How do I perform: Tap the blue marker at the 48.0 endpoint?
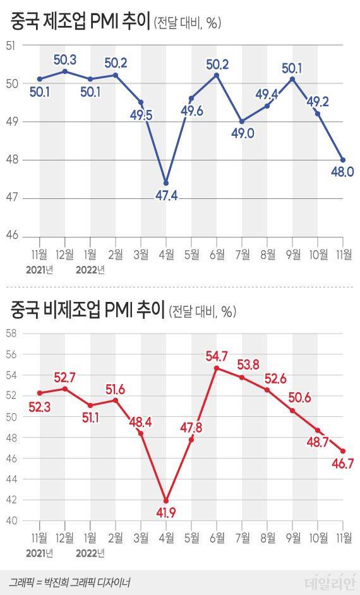(343, 160)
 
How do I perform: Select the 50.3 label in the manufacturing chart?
(65, 60)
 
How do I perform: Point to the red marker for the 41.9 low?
(166, 501)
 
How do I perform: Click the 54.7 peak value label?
(217, 357)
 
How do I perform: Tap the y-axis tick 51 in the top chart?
(11, 45)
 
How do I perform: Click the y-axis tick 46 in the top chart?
(11, 236)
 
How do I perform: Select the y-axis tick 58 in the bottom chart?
(11, 334)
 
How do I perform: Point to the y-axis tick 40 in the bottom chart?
(11, 521)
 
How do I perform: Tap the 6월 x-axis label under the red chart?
(217, 538)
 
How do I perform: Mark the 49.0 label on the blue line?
(241, 134)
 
